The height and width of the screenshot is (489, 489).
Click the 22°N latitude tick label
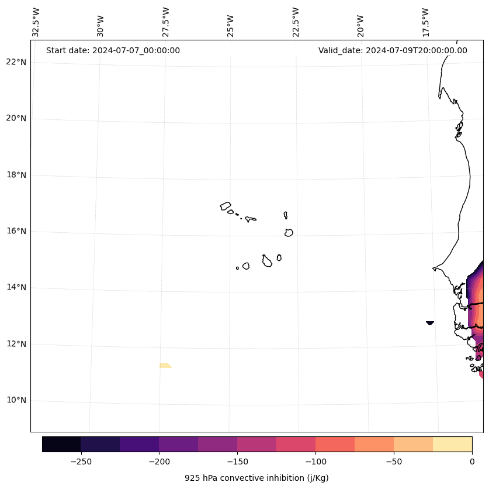[x=16, y=62]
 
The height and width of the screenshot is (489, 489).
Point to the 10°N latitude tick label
[x=16, y=401]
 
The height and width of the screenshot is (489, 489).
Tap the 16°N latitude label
[x=16, y=231]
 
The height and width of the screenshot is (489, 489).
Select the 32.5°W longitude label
[x=36, y=22]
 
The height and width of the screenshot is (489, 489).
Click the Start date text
[x=113, y=50]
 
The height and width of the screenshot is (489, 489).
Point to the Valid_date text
[x=393, y=50]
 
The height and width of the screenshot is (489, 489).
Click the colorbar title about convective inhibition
[x=256, y=478]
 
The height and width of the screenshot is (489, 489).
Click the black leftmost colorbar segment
[x=61, y=444]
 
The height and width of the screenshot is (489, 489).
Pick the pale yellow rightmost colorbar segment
[x=452, y=444]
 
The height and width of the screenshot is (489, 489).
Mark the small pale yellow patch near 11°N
[x=165, y=366]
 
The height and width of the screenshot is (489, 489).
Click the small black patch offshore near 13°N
[x=430, y=322]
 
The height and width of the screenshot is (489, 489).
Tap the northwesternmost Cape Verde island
[x=226, y=206]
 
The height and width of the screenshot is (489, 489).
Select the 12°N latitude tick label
[x=16, y=344]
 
